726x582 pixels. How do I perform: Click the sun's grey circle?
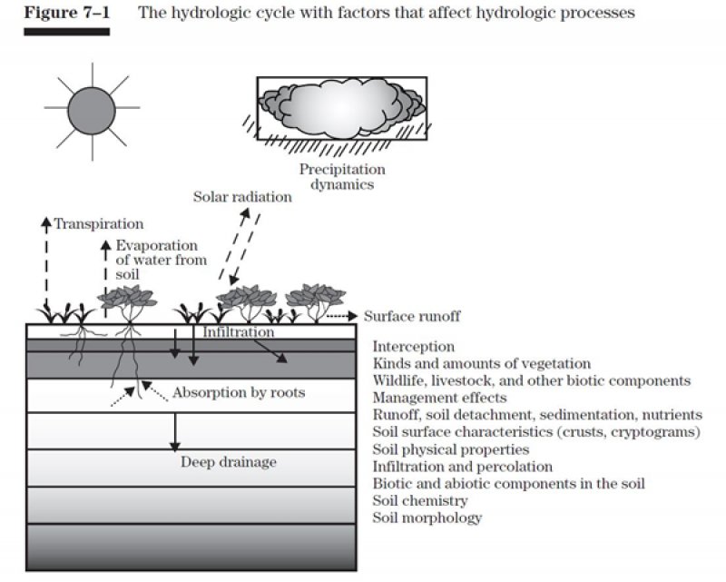(92, 108)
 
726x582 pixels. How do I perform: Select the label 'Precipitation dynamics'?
(342, 176)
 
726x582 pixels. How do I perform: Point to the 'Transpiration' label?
(98, 223)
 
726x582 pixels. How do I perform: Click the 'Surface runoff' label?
(412, 316)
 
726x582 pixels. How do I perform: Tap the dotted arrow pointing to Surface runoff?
(342, 316)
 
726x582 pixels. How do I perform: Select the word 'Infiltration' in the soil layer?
(238, 332)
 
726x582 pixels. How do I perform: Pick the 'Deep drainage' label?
(228, 462)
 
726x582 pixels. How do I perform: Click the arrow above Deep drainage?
(174, 431)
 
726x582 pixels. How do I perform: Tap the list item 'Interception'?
(414, 347)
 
